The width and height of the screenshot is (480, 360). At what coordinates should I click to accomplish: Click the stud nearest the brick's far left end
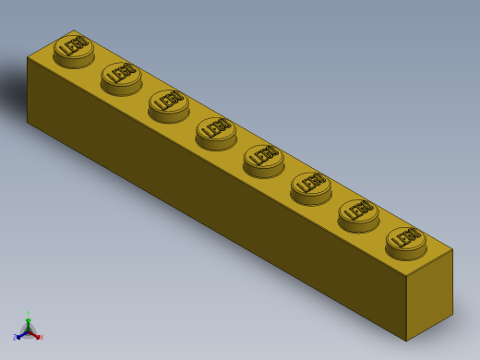(x=73, y=48)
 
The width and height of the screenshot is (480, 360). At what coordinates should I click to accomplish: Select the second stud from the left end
(x=121, y=76)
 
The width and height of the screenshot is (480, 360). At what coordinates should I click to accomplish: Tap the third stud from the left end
(x=168, y=103)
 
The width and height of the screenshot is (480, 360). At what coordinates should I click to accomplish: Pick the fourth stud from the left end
(x=216, y=131)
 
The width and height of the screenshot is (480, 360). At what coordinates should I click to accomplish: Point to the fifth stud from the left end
(x=263, y=158)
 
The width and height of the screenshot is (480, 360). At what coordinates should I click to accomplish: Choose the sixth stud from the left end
(x=311, y=186)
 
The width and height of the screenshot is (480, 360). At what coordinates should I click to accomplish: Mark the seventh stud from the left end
(x=358, y=213)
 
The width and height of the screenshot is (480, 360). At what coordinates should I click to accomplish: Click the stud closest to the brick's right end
(x=406, y=240)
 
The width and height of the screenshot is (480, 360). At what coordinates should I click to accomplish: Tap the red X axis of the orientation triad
(x=38, y=337)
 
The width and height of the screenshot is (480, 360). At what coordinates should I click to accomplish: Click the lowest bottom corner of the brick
(x=407, y=341)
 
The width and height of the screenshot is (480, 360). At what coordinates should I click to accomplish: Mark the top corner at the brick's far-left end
(x=28, y=58)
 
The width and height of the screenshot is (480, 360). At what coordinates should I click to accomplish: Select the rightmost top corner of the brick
(x=452, y=249)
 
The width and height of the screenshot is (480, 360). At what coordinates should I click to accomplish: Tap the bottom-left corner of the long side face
(x=28, y=122)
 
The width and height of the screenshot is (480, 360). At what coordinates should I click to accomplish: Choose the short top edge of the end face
(x=430, y=262)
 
